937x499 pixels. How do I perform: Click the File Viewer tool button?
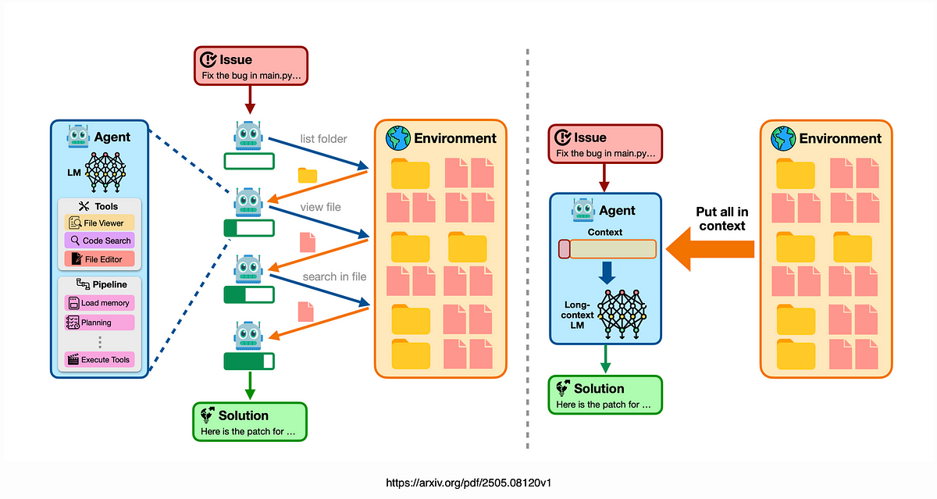(x=100, y=223)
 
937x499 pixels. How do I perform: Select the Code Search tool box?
(x=100, y=241)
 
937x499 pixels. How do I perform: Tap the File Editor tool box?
(x=100, y=259)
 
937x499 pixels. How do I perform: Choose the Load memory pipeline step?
(x=100, y=303)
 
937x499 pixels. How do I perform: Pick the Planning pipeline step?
(x=100, y=323)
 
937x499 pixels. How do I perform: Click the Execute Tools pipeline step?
(x=100, y=360)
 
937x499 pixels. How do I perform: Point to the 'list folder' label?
(x=323, y=139)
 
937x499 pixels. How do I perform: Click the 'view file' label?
(x=320, y=207)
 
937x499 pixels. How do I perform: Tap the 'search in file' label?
(x=334, y=276)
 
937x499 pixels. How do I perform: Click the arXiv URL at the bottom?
(x=468, y=483)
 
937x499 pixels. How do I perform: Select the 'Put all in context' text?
(x=722, y=219)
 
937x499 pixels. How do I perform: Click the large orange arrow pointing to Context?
(x=710, y=249)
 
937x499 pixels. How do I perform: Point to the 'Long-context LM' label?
(x=577, y=315)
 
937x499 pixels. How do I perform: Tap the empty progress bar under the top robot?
(x=249, y=162)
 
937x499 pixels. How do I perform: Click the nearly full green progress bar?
(x=249, y=362)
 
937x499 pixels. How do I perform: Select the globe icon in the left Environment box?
(x=397, y=138)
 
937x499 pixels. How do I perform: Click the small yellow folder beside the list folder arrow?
(x=308, y=175)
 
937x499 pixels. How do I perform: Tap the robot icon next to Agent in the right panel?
(x=583, y=209)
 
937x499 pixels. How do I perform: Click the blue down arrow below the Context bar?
(x=607, y=273)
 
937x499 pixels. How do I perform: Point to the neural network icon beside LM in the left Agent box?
(x=105, y=172)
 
